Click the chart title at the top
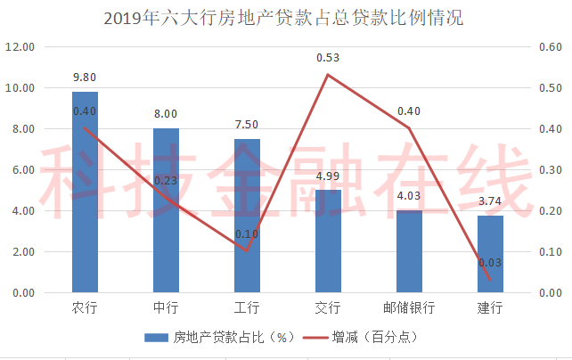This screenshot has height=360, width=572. pyautogui.click(x=283, y=18)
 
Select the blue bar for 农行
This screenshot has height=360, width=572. pyautogui.click(x=85, y=192)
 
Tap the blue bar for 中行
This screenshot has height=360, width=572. pyautogui.click(x=166, y=210)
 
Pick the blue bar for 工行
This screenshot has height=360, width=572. pyautogui.click(x=247, y=216)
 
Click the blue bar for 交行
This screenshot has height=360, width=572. pyautogui.click(x=328, y=241)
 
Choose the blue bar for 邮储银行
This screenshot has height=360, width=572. pyautogui.click(x=409, y=251)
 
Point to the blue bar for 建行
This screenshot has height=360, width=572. pyautogui.click(x=490, y=254)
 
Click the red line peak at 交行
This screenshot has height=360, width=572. pyautogui.click(x=328, y=75)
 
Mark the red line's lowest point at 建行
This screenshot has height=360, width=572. pyautogui.click(x=489, y=280)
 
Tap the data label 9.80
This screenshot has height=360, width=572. pyautogui.click(x=85, y=78)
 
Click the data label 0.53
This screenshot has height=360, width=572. pyautogui.click(x=328, y=58)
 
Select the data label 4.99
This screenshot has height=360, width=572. pyautogui.click(x=328, y=176)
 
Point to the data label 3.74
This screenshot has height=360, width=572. pyautogui.click(x=489, y=201)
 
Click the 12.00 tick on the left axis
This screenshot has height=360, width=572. pyautogui.click(x=20, y=47)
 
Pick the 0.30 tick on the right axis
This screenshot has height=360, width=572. pyautogui.click(x=551, y=170)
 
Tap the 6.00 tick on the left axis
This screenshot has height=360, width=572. pyautogui.click(x=23, y=170)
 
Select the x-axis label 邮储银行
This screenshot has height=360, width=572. pyautogui.click(x=409, y=307)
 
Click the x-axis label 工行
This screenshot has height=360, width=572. pyautogui.click(x=247, y=307)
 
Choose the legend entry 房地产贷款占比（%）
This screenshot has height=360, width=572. pyautogui.click(x=219, y=338)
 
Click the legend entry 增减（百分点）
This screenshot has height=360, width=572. pyautogui.click(x=360, y=338)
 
